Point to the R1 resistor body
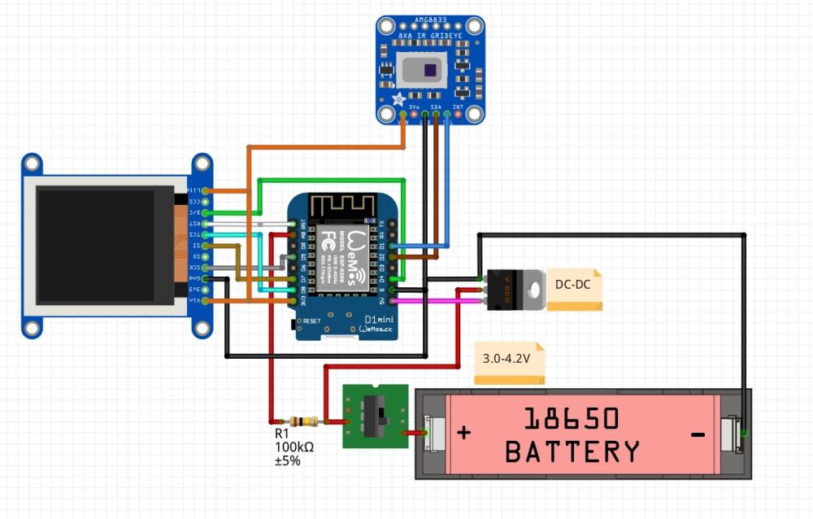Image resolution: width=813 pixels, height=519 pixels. [x=305, y=421]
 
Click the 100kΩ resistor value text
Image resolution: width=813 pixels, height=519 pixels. [x=293, y=447]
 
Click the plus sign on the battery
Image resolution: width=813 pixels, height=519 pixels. [x=463, y=433]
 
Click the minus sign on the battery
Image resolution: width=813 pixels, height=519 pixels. [x=698, y=435]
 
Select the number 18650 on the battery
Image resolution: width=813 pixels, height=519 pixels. [x=572, y=419]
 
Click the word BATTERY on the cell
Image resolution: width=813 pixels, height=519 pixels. [x=572, y=451]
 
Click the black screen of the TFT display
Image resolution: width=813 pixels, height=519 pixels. [x=95, y=244]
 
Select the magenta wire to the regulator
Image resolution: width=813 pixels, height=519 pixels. [x=439, y=300]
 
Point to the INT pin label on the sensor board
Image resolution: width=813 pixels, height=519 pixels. [x=458, y=107]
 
